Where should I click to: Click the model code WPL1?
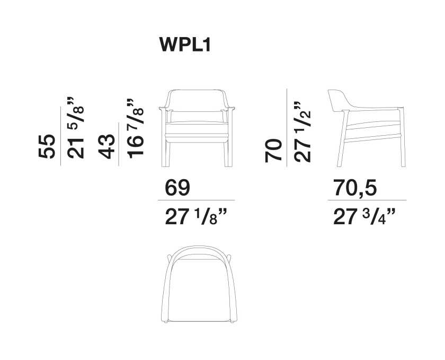pos(185,45)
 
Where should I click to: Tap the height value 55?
pos(47,146)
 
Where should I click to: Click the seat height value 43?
pos(106,146)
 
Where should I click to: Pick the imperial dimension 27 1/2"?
pos(302,131)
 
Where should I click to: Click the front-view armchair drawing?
pos(196,128)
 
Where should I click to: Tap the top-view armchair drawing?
pos(198,286)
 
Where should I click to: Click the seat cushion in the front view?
pos(196,129)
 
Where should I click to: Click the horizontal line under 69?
pos(196,200)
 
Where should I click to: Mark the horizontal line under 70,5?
pos(367,200)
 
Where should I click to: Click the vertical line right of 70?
pos(287,128)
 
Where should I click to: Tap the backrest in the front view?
pos(196,101)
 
